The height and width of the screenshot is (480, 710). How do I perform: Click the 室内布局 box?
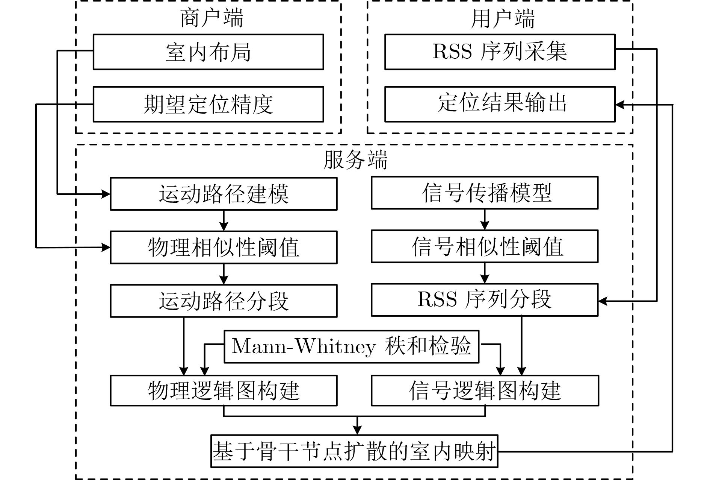(x=208, y=52)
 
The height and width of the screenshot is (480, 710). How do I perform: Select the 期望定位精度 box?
(x=208, y=104)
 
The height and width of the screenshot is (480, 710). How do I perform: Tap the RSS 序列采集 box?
(x=500, y=52)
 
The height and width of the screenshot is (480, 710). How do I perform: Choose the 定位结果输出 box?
(x=500, y=104)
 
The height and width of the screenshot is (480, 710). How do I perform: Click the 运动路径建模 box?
(x=224, y=194)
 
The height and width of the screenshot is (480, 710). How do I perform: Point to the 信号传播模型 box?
(x=485, y=193)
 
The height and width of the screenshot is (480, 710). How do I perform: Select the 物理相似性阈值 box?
(x=224, y=247)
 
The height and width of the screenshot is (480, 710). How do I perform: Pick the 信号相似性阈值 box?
(x=485, y=246)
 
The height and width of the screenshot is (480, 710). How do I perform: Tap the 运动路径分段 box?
(x=224, y=301)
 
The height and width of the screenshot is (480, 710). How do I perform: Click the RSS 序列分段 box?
(x=485, y=300)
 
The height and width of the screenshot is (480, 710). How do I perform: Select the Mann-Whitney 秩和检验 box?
(x=352, y=346)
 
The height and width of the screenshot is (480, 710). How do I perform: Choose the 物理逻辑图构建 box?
(x=224, y=390)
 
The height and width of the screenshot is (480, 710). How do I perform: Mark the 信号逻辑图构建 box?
(x=485, y=390)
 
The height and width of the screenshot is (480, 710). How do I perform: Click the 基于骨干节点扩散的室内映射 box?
(x=354, y=451)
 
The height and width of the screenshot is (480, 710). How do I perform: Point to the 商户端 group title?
(x=212, y=18)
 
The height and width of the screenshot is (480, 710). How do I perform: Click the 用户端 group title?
(x=503, y=18)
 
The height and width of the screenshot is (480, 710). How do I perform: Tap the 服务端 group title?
(x=355, y=160)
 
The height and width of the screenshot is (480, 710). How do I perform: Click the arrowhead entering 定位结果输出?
(x=620, y=104)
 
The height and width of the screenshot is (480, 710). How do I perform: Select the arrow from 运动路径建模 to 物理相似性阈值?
(x=224, y=220)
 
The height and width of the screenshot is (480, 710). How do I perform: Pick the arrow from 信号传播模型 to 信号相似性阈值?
(x=485, y=220)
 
